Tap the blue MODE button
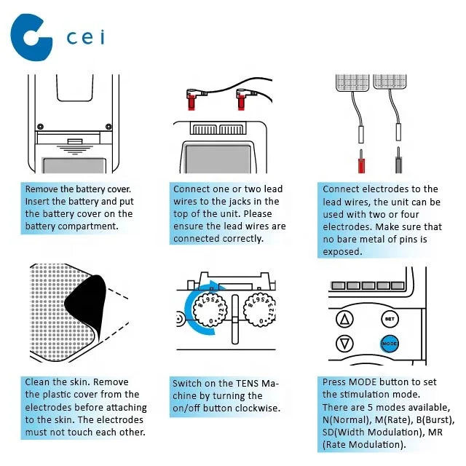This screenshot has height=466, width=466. (390, 344)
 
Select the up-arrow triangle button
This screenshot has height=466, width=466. (344, 319)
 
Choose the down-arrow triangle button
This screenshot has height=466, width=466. (344, 344)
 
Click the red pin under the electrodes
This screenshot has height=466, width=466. (361, 162)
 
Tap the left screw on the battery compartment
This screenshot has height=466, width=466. (41, 127)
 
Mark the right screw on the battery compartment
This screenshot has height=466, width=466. (108, 127)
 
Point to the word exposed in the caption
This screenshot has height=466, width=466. (342, 252)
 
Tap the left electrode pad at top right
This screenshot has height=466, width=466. (352, 82)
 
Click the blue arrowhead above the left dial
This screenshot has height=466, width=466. (216, 285)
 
